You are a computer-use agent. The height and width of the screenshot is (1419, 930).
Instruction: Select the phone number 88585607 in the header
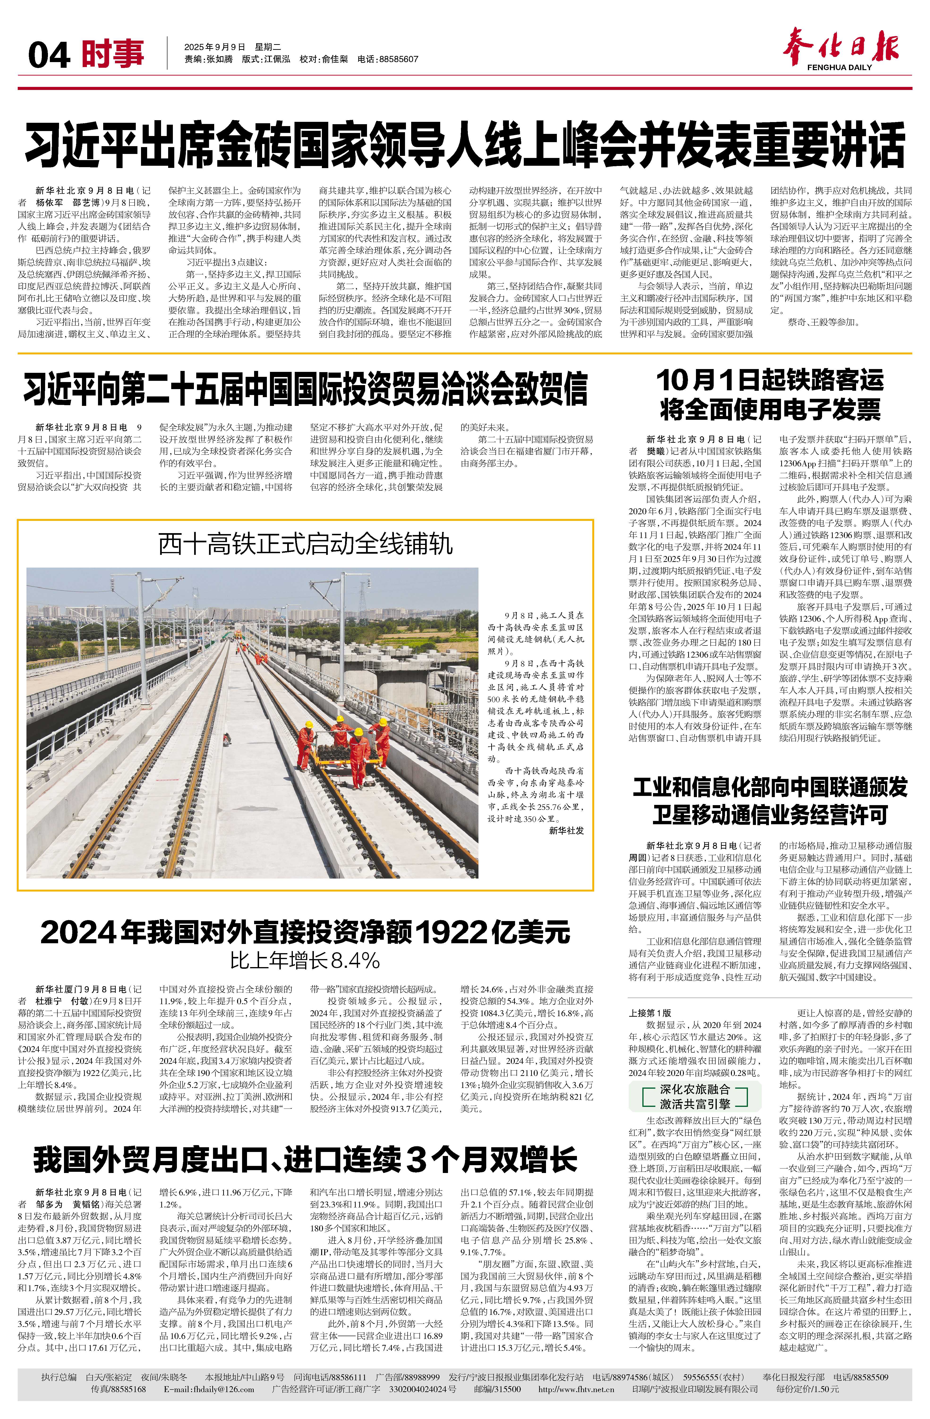click(x=398, y=60)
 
